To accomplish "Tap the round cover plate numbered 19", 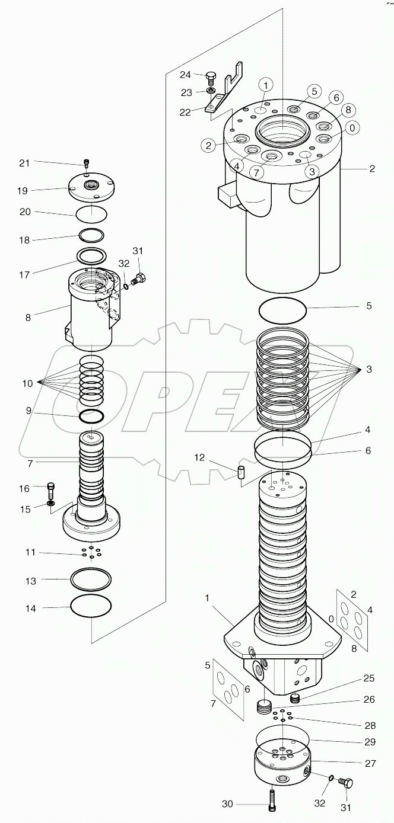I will pyautogui.click(x=92, y=188).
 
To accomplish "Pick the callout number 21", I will pyautogui.click(x=40, y=163).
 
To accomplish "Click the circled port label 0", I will pyautogui.click(x=353, y=127).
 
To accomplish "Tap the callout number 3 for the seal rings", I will pyautogui.click(x=369, y=369).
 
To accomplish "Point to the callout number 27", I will pyautogui.click(x=369, y=764).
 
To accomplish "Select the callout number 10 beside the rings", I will pyautogui.click(x=28, y=383).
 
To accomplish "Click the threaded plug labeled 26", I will pyautogui.click(x=263, y=707).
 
